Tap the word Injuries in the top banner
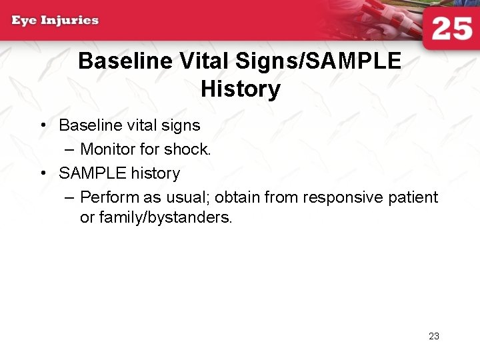pos(70,20)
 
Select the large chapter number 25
pos(451,30)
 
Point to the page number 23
pos(434,336)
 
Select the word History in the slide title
pos(240,89)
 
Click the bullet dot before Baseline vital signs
pos(42,125)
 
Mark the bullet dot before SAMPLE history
pos(42,173)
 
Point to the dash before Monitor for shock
pos(70,149)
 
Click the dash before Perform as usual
pos(70,197)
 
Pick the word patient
pos(415,197)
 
